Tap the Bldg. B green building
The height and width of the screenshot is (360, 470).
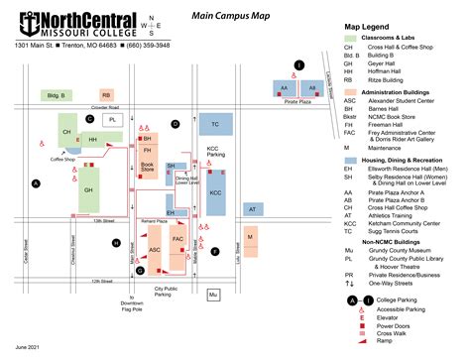tap(54, 95)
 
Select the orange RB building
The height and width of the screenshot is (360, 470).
tap(106, 95)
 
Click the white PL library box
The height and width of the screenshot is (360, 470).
tap(113, 119)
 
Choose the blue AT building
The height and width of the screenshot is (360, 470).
tap(253, 209)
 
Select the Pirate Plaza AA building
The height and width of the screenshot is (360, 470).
tap(285, 87)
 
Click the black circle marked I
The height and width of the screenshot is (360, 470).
tap(298, 65)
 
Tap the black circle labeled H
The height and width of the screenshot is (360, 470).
tap(116, 243)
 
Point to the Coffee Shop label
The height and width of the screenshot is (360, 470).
tap(63, 158)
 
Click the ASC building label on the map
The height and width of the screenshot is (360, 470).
tap(155, 250)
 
